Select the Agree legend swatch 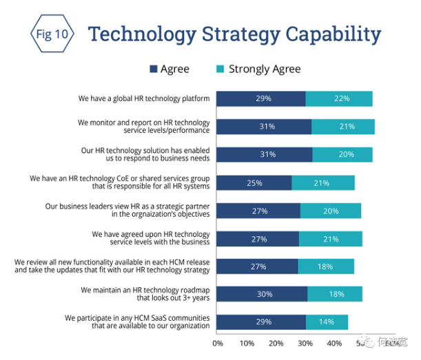[154, 69]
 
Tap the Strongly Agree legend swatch [221, 69]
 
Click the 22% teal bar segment [339, 98]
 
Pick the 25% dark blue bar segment [254, 182]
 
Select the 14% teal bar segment [327, 321]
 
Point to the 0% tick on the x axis [218, 343]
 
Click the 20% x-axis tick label [276, 343]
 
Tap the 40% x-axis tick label [334, 343]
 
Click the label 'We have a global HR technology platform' [143, 98]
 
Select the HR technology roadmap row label [145, 294]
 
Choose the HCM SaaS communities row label [137, 321]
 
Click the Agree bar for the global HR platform [261, 98]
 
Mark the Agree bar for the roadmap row [262, 294]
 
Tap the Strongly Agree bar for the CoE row [323, 182]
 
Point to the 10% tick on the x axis [247, 343]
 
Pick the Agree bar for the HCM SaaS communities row [261, 321]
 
